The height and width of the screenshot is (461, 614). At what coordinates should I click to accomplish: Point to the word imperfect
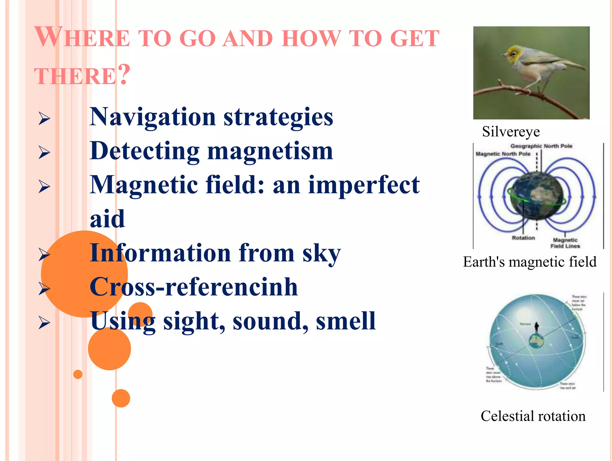pyautogui.click(x=364, y=185)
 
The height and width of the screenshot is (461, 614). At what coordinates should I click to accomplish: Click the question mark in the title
pyautogui.click(x=124, y=74)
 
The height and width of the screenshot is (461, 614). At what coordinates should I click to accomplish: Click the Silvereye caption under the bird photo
pyautogui.click(x=511, y=132)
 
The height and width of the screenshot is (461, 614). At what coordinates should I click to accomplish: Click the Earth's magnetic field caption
pyautogui.click(x=529, y=262)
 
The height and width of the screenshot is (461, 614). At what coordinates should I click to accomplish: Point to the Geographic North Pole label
pyautogui.click(x=541, y=146)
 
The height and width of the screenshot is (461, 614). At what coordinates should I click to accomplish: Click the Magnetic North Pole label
pyautogui.click(x=503, y=154)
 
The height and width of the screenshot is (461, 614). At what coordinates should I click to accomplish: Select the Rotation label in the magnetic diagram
pyautogui.click(x=523, y=238)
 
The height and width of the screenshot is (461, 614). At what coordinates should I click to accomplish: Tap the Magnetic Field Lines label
pyautogui.click(x=565, y=243)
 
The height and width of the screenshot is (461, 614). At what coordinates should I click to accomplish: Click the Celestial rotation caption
pyautogui.click(x=533, y=416)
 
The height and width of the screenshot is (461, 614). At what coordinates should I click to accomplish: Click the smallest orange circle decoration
pyautogui.click(x=78, y=374)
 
